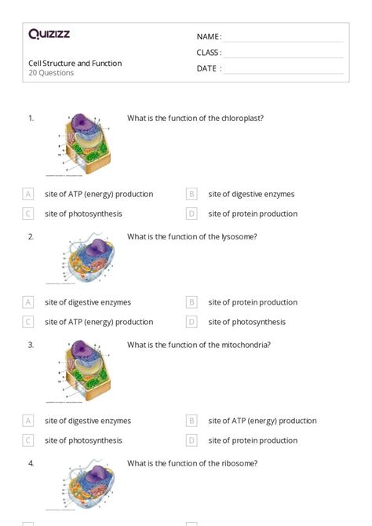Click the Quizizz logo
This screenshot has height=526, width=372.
tap(49, 34)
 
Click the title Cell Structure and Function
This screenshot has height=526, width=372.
tap(75, 64)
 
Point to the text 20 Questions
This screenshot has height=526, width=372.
tap(51, 73)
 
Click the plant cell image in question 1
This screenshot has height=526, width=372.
tap(84, 144)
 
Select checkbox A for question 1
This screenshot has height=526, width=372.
tap(28, 194)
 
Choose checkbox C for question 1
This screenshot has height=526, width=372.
tap(28, 214)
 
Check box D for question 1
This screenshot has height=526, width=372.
tap(191, 214)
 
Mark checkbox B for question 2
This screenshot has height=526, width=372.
tap(191, 302)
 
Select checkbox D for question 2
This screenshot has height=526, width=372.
tap(191, 322)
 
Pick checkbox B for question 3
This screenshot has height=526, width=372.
tap(191, 421)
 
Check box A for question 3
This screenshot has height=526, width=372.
tap(28, 421)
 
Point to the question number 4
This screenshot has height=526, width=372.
tap(31, 463)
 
